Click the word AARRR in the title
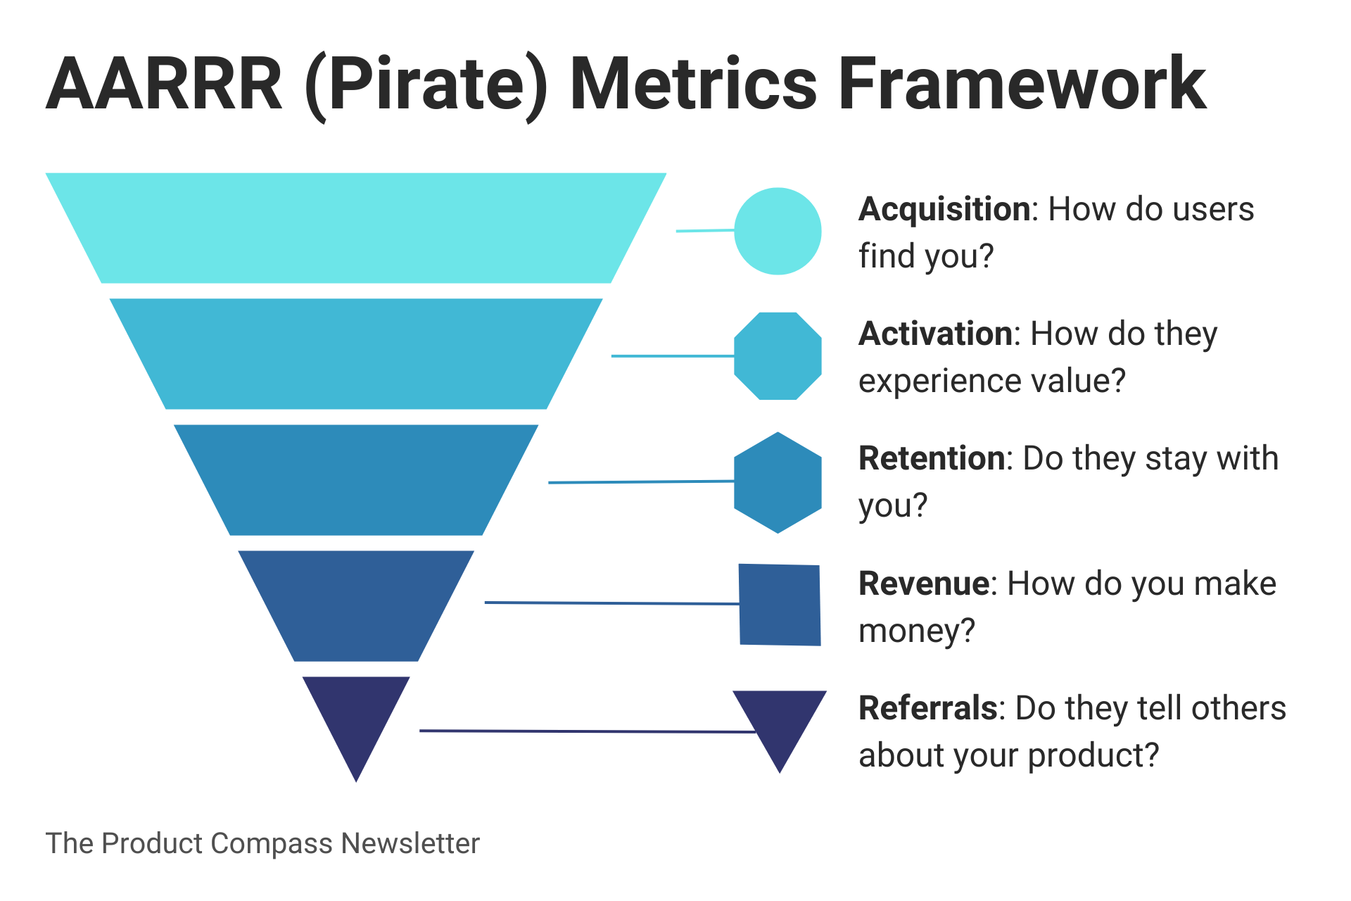[164, 84]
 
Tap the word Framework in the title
[1022, 84]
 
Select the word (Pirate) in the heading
[426, 86]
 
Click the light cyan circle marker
[778, 231]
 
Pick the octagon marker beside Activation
[778, 356]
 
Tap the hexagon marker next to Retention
[778, 482]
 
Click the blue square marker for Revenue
[780, 605]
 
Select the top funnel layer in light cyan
[356, 228]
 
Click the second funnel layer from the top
[356, 353]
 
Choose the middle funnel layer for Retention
[356, 479]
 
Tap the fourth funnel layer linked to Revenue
[356, 605]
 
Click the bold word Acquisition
[944, 210]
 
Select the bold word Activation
[934, 334]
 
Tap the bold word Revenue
[924, 584]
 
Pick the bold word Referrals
[927, 708]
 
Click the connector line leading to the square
[612, 603]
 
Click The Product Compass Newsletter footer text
[262, 843]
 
